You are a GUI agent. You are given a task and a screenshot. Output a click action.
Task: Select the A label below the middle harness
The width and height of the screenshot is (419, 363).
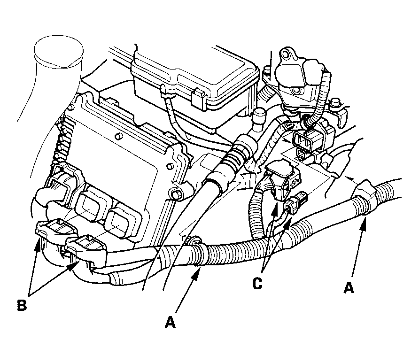point(170,322)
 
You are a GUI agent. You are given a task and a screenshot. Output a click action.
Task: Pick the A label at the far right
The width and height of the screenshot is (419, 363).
point(348,287)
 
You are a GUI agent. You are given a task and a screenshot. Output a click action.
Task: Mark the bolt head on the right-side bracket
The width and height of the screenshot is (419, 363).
point(337,102)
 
